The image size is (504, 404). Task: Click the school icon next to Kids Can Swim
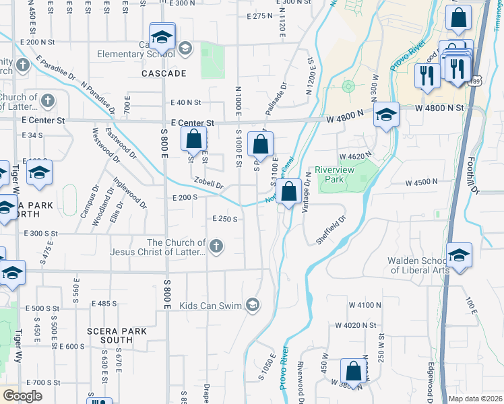click(253, 306)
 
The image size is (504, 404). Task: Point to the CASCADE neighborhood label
click(163, 73)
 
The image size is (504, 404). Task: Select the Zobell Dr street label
click(208, 184)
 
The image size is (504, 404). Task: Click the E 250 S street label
click(224, 219)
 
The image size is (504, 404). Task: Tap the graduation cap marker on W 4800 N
click(386, 115)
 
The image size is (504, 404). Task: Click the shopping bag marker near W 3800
click(353, 371)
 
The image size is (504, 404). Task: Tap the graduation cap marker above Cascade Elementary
click(162, 36)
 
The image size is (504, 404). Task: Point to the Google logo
click(22, 396)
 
